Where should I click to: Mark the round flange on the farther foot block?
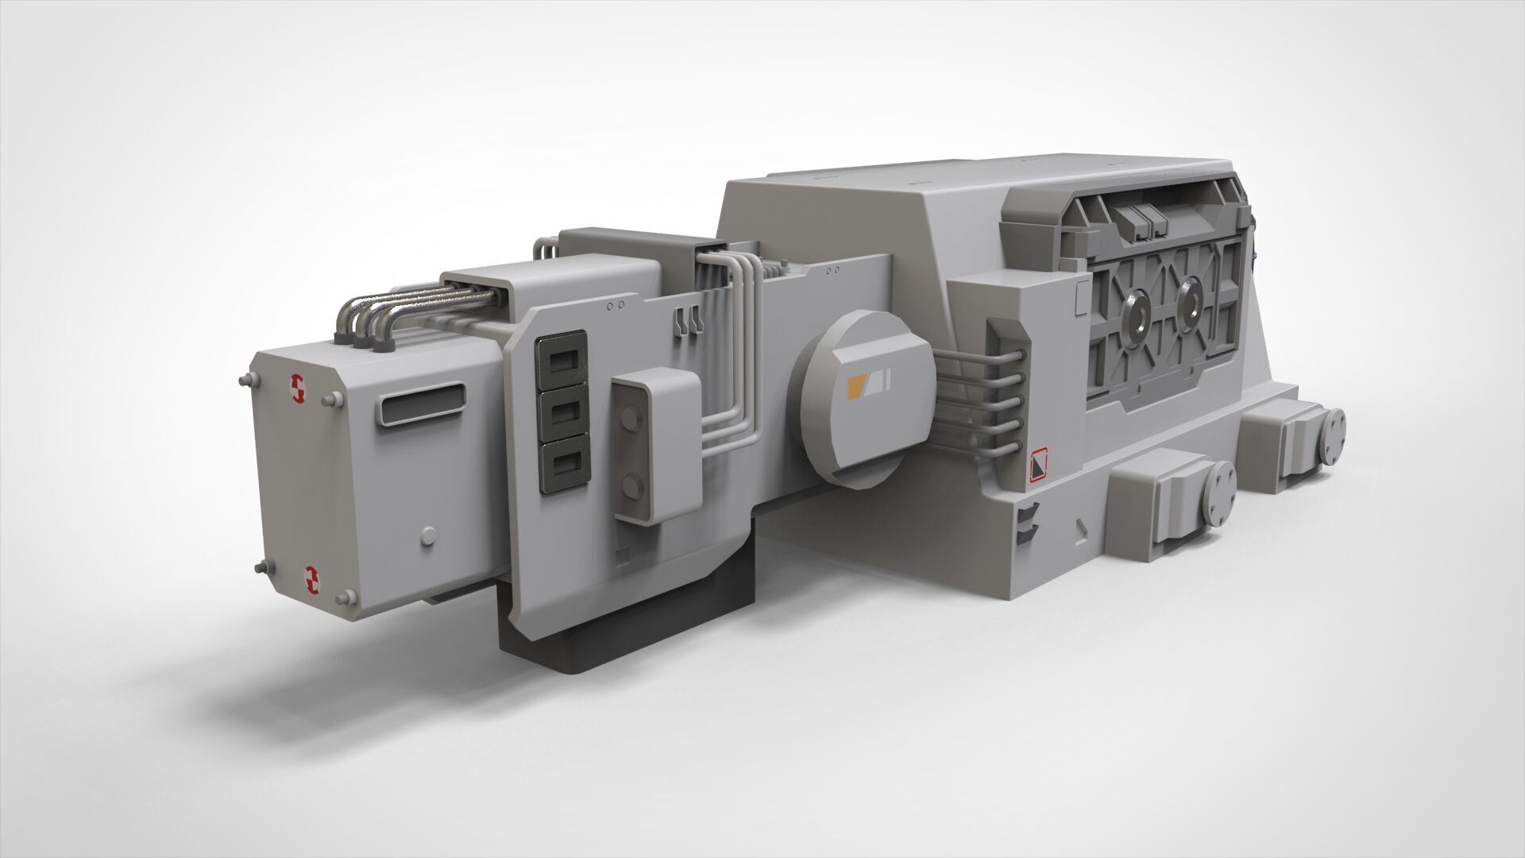coord(1334,432)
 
